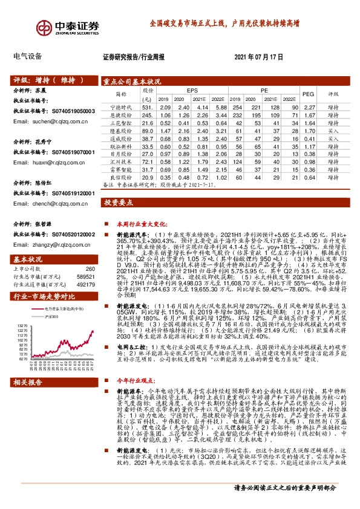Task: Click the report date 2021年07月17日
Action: [x=258, y=57]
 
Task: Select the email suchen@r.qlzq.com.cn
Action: [x=54, y=121]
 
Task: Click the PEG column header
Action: [x=308, y=94]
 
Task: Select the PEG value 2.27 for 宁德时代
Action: [x=309, y=106]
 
